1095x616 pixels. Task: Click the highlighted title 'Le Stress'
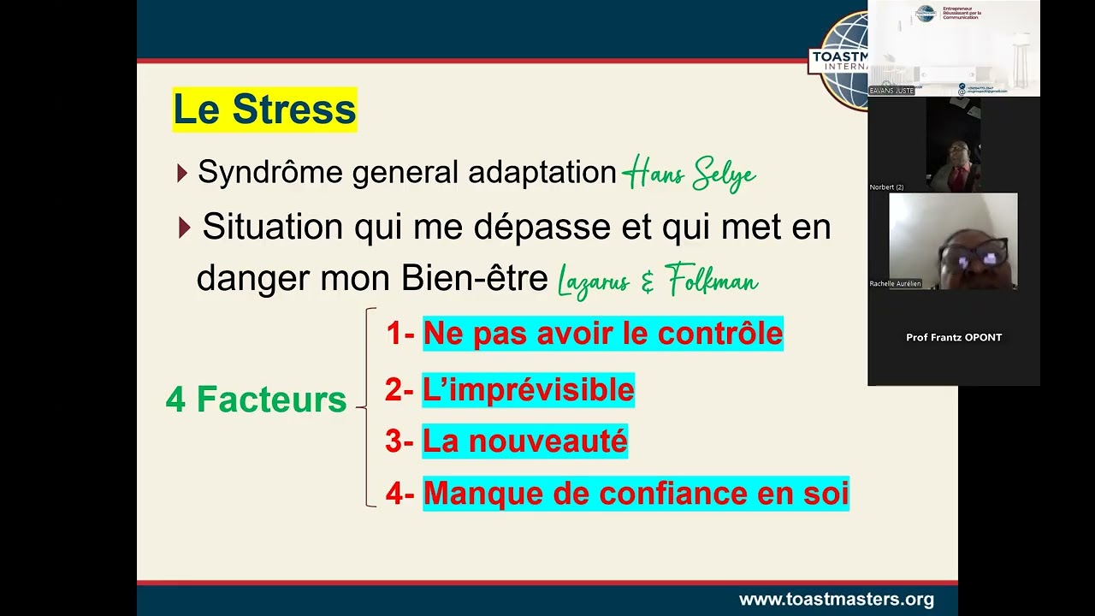(x=264, y=110)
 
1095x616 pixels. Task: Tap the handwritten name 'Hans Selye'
(x=689, y=175)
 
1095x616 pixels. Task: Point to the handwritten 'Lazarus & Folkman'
(x=657, y=281)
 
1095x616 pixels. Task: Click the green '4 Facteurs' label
(x=256, y=400)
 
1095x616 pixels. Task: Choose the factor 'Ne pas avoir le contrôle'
(x=603, y=334)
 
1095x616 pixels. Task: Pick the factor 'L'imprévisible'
(x=528, y=390)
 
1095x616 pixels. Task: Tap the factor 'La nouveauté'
(x=524, y=441)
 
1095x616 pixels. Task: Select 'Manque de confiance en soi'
(x=636, y=494)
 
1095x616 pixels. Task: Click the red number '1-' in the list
(x=400, y=334)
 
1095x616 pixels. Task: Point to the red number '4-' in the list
(x=400, y=494)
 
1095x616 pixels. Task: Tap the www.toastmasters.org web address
(x=836, y=600)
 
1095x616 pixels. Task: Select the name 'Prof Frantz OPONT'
(x=954, y=337)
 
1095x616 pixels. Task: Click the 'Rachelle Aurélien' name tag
(x=896, y=283)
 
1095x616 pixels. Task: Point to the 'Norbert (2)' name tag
(x=886, y=187)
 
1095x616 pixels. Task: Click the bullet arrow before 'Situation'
(x=185, y=228)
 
